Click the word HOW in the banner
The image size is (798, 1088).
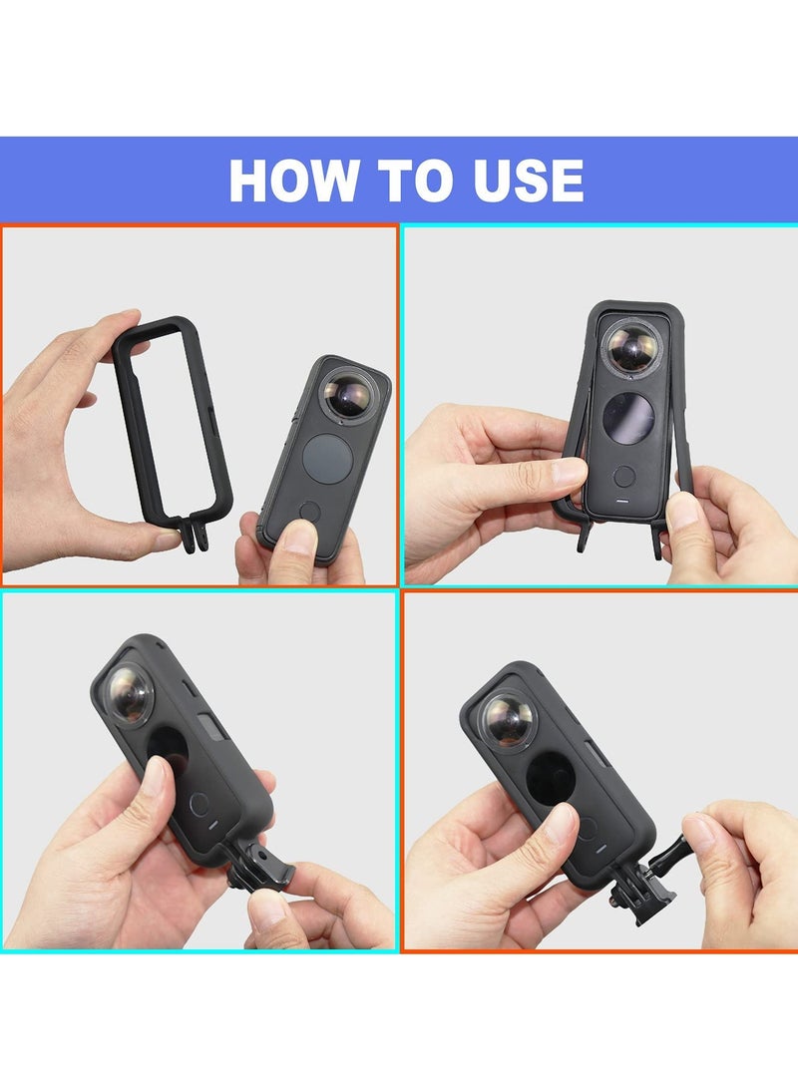[292, 181]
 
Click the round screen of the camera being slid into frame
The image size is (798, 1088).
[629, 416]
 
